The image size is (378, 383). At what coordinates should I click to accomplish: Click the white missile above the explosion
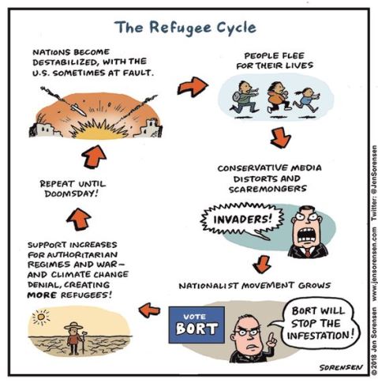point(78,109)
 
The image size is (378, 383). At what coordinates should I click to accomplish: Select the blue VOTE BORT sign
point(196,325)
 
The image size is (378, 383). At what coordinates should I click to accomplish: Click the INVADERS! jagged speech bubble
point(241,220)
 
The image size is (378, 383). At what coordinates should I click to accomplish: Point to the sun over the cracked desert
point(41,317)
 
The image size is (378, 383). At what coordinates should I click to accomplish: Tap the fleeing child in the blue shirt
point(306,100)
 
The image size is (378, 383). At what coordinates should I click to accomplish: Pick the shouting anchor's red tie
point(307,253)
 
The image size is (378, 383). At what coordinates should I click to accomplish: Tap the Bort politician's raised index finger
point(271,338)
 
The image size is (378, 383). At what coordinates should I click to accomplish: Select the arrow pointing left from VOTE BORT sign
point(149,310)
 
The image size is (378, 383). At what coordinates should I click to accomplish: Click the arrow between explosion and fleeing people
point(193,86)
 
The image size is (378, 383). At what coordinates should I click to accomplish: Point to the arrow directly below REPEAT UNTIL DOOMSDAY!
point(79,219)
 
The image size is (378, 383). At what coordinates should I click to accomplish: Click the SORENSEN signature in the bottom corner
point(341,367)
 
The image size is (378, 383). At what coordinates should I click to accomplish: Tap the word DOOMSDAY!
point(72,194)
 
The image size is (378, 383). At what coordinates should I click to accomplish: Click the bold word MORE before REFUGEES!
point(42,295)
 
